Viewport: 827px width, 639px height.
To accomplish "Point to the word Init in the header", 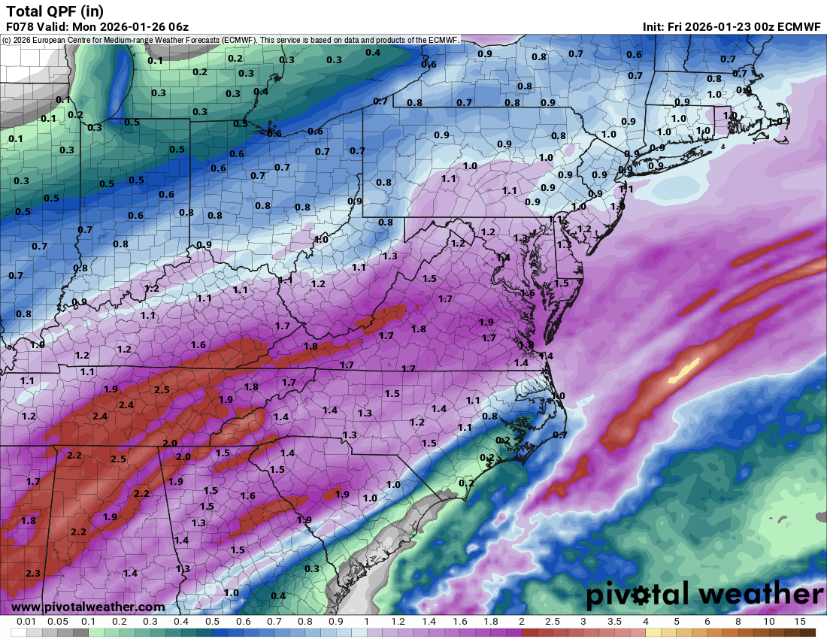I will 653,26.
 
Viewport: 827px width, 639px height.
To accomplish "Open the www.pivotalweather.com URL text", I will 88,607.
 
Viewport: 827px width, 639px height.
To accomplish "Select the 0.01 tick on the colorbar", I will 26,622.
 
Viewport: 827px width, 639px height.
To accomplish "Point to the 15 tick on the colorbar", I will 799,622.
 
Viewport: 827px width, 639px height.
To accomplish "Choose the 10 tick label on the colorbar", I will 768,622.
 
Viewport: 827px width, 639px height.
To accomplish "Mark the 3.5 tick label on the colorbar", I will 613,622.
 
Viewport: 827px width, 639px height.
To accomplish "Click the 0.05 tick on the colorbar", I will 57,622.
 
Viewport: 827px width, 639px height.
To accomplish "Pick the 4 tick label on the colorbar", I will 645,622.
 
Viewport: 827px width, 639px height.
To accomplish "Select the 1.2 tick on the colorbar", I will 398,622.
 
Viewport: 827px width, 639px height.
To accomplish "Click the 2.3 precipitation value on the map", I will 32,573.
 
